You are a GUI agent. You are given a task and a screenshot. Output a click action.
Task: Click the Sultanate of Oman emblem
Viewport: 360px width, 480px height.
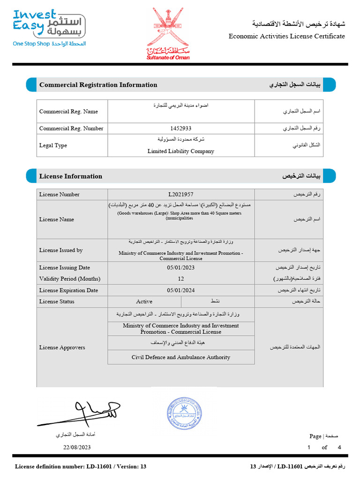point(168,33)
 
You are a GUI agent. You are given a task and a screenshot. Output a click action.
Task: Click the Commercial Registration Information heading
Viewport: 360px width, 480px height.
point(98,85)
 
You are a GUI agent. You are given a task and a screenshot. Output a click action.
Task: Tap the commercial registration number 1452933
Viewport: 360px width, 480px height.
point(181,128)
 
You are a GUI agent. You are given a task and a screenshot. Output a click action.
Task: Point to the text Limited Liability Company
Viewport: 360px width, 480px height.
point(181,151)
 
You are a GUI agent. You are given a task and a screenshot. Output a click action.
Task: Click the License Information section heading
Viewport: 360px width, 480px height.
point(71,176)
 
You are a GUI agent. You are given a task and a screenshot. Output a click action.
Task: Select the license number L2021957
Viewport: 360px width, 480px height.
point(181,195)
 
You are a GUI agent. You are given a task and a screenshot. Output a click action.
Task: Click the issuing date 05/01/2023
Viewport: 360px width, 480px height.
point(181,268)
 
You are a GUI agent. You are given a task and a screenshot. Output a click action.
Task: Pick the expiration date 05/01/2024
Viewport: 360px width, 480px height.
point(181,291)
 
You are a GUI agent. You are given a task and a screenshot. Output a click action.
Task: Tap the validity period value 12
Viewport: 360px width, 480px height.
point(181,278)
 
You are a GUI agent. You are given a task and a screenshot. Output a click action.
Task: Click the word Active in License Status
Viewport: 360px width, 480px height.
point(144,301)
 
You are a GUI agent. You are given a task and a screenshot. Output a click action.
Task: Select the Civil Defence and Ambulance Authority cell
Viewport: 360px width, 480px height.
point(181,357)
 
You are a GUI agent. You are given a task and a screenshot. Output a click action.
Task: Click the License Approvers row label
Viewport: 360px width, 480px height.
point(62,347)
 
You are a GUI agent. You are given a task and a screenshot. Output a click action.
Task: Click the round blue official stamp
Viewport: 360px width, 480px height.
point(184,413)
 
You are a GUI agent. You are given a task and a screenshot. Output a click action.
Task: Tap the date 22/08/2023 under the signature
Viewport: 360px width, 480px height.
point(77,447)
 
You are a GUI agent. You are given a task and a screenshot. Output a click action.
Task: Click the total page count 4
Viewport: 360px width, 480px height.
point(339,447)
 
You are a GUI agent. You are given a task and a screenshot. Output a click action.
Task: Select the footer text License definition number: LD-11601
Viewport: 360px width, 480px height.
point(81,466)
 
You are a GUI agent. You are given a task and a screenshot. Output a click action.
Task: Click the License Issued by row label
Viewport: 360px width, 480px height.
point(61,250)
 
